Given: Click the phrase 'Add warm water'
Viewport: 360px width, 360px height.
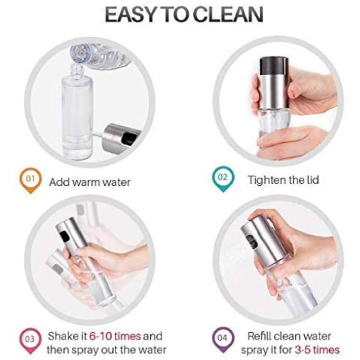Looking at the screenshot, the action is [x=90, y=182].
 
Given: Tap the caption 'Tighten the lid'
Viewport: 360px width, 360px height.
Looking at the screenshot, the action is [x=283, y=180].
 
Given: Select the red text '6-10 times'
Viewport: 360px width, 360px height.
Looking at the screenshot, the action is [x=115, y=336].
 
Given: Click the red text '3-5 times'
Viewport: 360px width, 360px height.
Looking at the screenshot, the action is [x=317, y=350].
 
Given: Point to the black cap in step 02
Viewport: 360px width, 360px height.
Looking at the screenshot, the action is [x=274, y=67].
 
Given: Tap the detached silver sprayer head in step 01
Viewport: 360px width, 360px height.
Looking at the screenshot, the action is [x=120, y=139].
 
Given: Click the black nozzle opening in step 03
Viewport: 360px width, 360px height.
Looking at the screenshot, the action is [x=64, y=236].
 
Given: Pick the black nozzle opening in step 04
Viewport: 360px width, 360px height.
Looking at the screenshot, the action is [x=252, y=241].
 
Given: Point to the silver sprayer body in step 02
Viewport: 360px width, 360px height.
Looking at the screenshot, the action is [x=274, y=93].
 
